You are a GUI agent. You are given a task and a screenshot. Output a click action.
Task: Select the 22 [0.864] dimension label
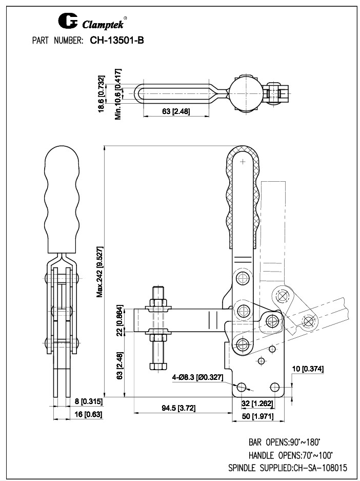119,320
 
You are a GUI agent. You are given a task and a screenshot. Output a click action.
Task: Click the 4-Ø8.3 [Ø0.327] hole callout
197,377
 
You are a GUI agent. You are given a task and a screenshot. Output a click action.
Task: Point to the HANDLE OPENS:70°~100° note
290,455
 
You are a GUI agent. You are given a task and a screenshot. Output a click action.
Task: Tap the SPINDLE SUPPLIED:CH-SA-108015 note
288,468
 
